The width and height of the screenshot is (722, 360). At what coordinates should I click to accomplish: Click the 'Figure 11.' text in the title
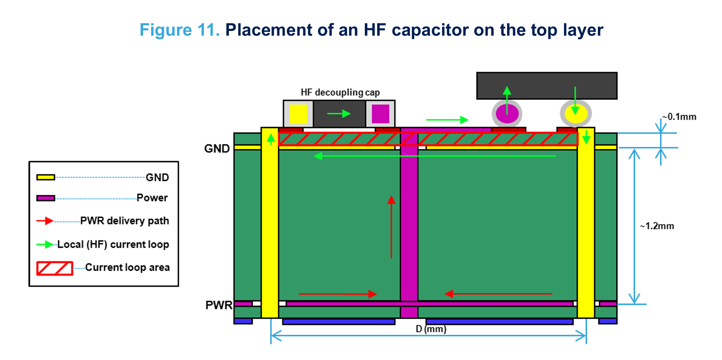[x=179, y=30]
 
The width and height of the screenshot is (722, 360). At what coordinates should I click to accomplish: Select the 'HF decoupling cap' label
[x=340, y=93]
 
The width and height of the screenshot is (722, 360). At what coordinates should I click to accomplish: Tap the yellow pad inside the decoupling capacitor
[x=298, y=114]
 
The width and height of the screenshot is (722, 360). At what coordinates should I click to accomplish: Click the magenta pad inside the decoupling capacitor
[x=380, y=114]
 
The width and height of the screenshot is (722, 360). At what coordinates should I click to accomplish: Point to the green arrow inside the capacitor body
[x=339, y=114]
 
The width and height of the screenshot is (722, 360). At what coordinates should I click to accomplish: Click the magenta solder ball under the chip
[x=507, y=114]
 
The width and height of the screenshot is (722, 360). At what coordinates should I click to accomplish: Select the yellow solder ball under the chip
[x=575, y=114]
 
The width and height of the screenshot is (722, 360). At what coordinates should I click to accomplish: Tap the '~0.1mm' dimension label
[x=680, y=117]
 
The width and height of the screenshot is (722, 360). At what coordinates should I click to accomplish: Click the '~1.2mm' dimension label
[x=657, y=226]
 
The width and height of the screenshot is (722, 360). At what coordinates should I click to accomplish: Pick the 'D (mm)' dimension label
[x=431, y=329]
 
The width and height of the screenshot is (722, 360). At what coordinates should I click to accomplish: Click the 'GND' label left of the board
[x=217, y=149]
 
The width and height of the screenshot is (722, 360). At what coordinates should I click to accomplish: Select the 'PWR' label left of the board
[x=219, y=305]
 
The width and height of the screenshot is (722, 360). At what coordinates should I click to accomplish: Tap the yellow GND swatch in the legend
[x=45, y=177]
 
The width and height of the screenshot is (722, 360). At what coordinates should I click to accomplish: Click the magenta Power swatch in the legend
[x=45, y=198]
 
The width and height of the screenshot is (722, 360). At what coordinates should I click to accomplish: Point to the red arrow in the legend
[x=45, y=221]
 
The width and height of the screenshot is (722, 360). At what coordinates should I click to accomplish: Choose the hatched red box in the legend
[x=54, y=268]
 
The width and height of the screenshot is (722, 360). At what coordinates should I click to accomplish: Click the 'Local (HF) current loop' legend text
[x=113, y=245]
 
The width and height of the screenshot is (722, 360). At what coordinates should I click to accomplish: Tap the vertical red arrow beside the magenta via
[x=391, y=227]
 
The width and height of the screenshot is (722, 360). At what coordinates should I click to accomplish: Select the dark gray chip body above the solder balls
[x=547, y=85]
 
